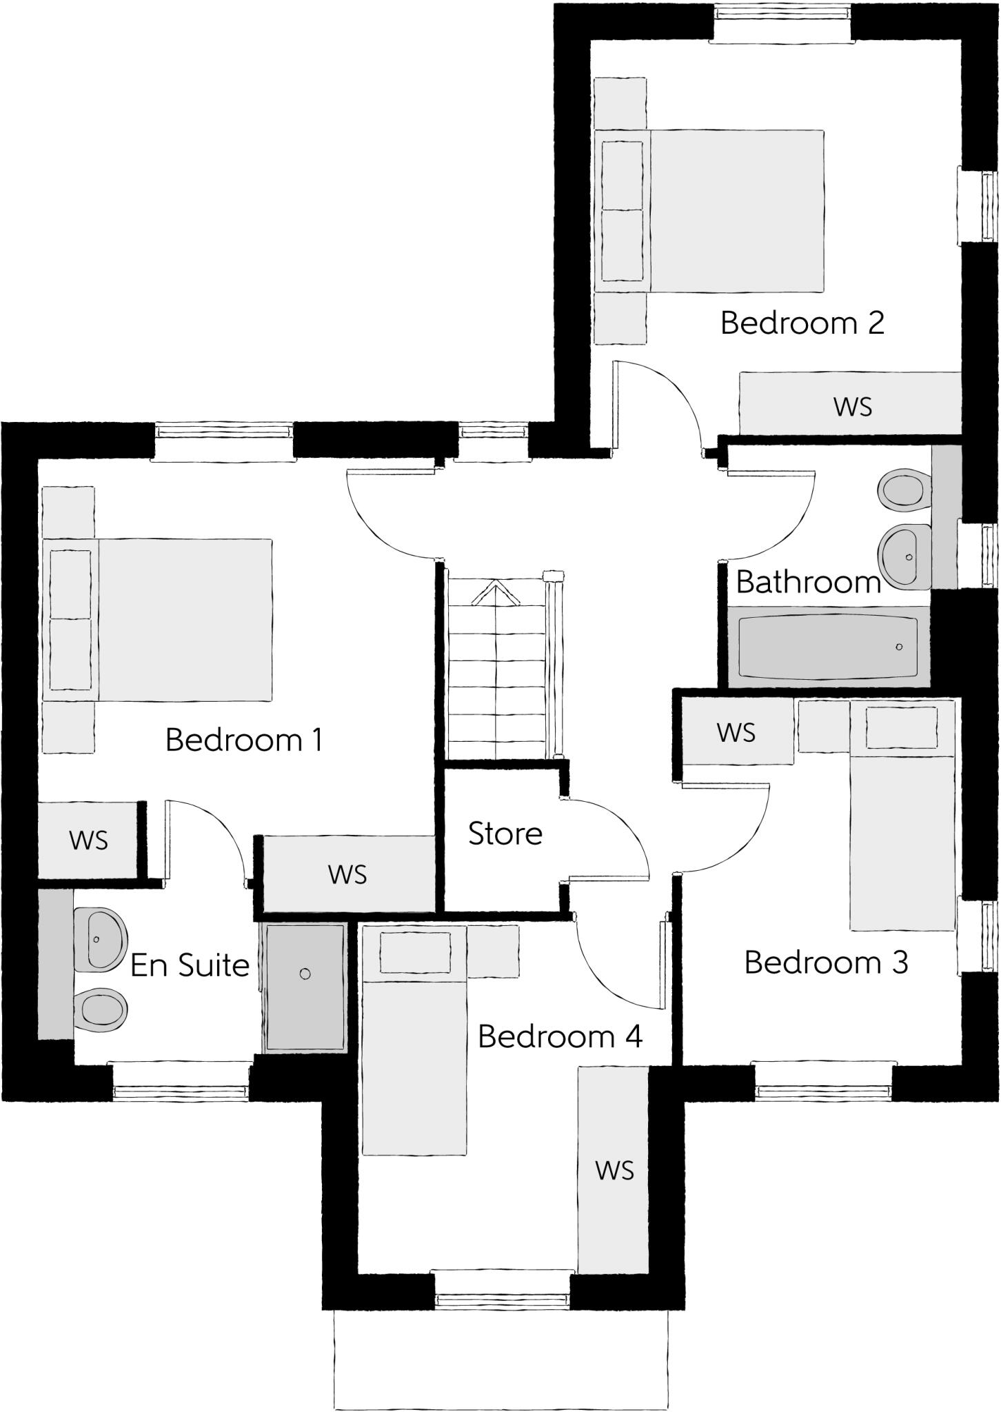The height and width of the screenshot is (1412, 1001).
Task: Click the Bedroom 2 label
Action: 802,323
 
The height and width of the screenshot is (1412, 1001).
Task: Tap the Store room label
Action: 505,834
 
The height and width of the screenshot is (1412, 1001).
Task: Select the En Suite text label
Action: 190,965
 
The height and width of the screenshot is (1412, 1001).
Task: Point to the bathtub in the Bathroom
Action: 827,647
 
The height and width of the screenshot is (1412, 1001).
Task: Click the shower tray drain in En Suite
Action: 305,974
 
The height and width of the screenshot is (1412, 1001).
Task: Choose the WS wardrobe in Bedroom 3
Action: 736,732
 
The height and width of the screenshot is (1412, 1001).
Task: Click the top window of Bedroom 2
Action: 781,14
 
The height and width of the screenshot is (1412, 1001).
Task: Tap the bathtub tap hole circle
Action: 898,647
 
